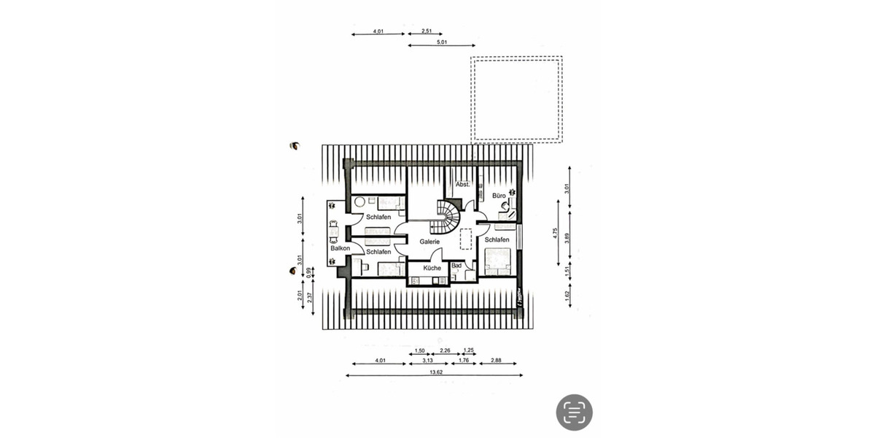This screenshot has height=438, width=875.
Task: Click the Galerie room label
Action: pos(429,241)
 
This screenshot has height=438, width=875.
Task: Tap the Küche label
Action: pos(432,268)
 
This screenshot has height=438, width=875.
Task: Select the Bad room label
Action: pos(456,265)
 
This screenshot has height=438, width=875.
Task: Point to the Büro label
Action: pos(499,196)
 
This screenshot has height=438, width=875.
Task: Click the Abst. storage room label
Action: pos(462,185)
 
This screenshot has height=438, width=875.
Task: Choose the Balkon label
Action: pos(340,248)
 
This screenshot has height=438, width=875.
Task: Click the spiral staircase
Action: pos(446,215)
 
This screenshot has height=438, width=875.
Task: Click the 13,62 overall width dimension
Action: pos(436,372)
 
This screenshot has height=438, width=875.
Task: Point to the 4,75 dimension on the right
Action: pos(556,234)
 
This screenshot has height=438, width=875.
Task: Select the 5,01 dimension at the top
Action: pos(441,43)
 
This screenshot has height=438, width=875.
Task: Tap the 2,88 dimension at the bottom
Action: pos(496,360)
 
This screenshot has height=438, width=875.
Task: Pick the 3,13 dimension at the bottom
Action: pos(427,360)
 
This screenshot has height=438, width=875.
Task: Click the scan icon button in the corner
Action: pos(575,412)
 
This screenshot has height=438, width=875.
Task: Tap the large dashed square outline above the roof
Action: pos(516,100)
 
